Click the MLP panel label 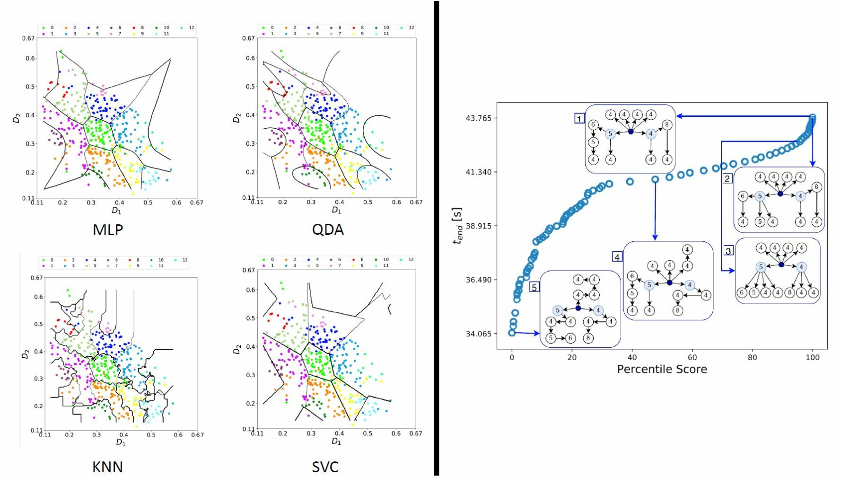point(108,230)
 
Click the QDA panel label point(327,230)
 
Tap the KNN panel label point(107,467)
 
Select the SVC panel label point(325,467)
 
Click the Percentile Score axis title point(662,370)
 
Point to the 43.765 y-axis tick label point(478,118)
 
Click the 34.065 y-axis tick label point(478,334)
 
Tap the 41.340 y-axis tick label point(478,172)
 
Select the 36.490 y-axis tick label point(478,280)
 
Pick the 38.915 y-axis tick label point(478,226)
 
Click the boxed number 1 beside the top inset point(579,119)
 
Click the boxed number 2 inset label point(727,178)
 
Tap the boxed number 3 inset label point(728,251)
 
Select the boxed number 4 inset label point(617,257)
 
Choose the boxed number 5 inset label point(534,287)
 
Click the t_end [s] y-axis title point(457,226)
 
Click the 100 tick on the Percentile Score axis point(812,358)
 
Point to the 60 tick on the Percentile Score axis point(692,358)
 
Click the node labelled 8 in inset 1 point(666,125)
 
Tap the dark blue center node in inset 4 point(669,283)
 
